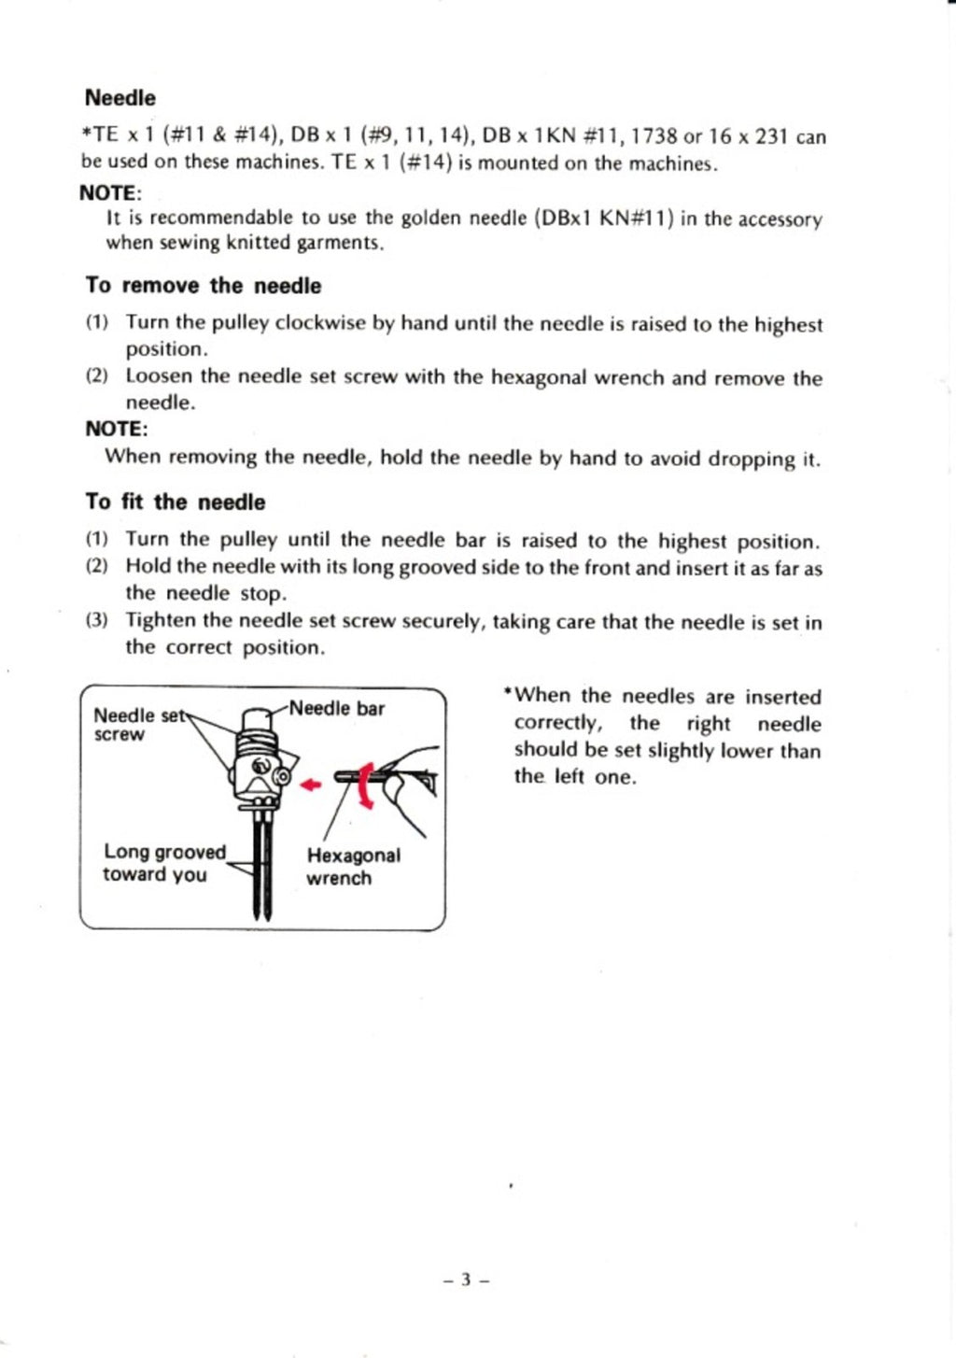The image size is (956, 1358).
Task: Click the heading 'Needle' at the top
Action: click(119, 98)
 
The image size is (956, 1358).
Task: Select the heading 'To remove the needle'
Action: click(203, 286)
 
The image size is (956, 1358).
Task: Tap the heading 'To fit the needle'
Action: click(175, 502)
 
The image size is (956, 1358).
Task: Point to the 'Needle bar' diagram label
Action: click(336, 709)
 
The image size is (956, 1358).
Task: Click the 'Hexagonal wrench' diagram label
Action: click(352, 867)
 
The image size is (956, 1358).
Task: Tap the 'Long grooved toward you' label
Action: click(163, 863)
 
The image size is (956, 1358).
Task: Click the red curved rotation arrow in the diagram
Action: click(365, 785)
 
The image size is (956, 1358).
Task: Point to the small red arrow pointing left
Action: click(311, 785)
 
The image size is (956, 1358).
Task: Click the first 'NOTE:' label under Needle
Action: click(109, 193)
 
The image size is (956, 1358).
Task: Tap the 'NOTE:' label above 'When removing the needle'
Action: click(116, 430)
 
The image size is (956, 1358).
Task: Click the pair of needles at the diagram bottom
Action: click(262, 869)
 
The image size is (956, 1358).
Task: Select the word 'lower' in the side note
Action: click(747, 750)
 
